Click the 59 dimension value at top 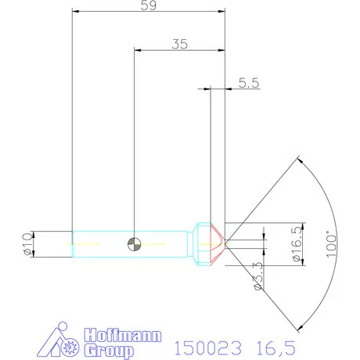pos(147,6)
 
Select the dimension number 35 pos(179,45)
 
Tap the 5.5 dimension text pos(250,82)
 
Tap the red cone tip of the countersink pos(220,243)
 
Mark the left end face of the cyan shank pos(73,244)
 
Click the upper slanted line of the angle pos(262,200)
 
